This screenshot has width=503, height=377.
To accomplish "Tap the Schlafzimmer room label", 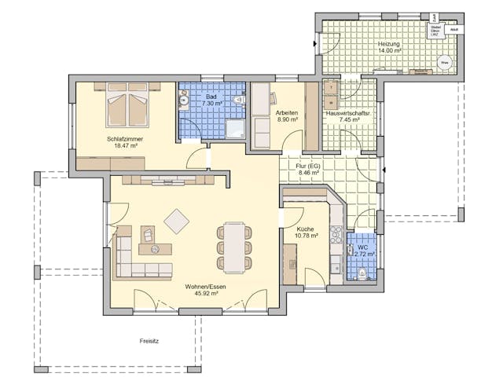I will pos(123,139).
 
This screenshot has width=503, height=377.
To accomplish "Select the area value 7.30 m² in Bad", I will pos(211,104).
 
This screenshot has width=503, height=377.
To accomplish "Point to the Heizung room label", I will pos(388,45).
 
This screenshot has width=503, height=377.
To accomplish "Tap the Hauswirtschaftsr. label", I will pos(348,114).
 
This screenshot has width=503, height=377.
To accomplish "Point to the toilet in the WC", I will pos(362,274).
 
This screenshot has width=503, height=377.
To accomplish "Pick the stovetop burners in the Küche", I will pos(336,235).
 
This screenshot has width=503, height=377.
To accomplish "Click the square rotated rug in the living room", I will pos(176,221).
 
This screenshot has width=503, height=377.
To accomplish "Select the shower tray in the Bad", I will pos(236,130).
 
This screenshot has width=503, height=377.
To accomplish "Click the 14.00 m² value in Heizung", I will pos(388,52).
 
